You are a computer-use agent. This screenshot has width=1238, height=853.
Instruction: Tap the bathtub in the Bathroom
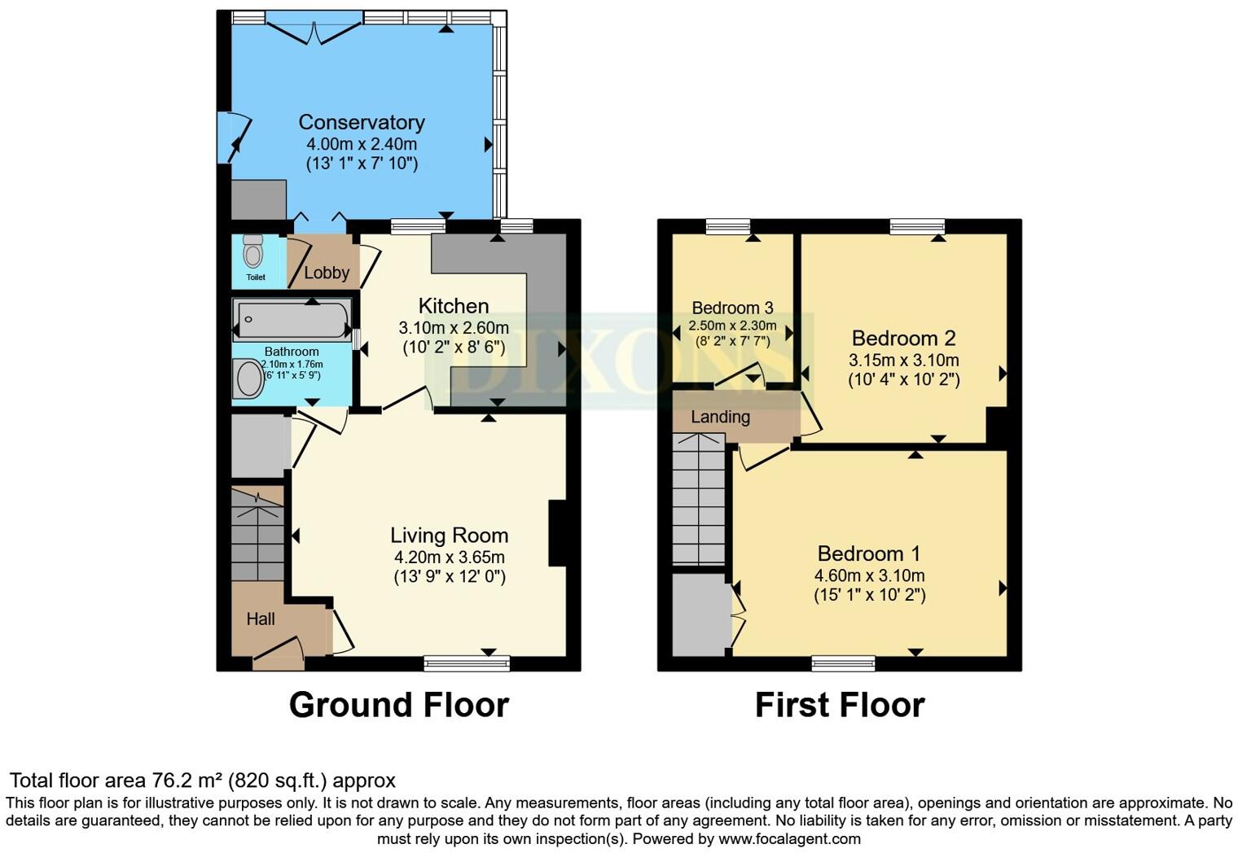292,319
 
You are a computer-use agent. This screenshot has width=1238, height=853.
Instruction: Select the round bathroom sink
248,378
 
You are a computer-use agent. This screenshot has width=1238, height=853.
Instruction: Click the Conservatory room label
362,122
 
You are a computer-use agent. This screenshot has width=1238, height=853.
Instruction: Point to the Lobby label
327,273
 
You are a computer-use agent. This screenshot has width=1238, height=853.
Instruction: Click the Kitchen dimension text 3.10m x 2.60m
454,328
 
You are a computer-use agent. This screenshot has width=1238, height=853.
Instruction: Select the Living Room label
450,535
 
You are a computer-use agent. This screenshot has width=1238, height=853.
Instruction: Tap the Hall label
261,619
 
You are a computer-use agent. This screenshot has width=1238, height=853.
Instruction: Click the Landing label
720,417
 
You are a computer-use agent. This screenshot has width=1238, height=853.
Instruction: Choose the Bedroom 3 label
732,307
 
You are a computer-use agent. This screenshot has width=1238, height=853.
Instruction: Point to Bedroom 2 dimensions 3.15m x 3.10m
903,361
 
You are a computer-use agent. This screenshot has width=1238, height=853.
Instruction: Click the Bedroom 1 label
869,553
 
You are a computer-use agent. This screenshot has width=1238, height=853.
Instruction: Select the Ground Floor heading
399,705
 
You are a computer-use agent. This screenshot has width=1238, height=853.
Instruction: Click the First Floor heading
840,705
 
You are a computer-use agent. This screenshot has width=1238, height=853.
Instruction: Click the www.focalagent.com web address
789,838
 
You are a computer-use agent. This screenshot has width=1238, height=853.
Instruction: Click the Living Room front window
467,663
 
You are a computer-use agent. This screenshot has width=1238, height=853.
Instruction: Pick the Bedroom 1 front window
844,663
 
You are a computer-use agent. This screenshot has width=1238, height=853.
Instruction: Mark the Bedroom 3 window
728,226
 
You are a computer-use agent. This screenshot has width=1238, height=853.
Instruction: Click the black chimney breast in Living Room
557,533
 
